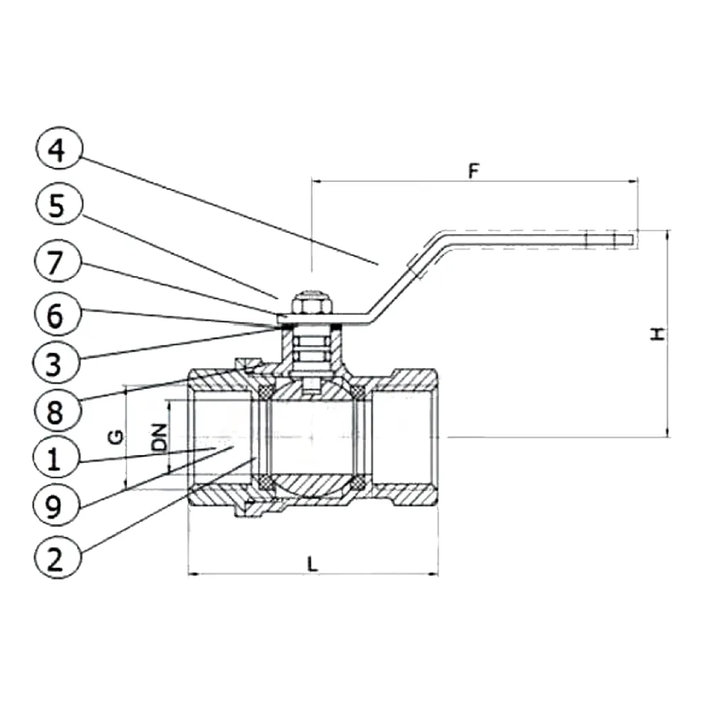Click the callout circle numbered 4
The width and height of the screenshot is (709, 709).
59,148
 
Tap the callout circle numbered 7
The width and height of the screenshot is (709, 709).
57,262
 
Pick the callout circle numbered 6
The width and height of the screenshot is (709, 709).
57,314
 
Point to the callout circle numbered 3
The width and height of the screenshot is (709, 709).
57,362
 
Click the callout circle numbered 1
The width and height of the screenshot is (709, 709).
57,457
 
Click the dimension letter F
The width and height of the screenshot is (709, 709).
473,172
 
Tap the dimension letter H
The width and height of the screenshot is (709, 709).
658,334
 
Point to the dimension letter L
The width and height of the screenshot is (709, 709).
312,564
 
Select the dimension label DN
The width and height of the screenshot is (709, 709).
159,436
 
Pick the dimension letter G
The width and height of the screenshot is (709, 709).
116,437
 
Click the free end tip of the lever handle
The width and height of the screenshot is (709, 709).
633,240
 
